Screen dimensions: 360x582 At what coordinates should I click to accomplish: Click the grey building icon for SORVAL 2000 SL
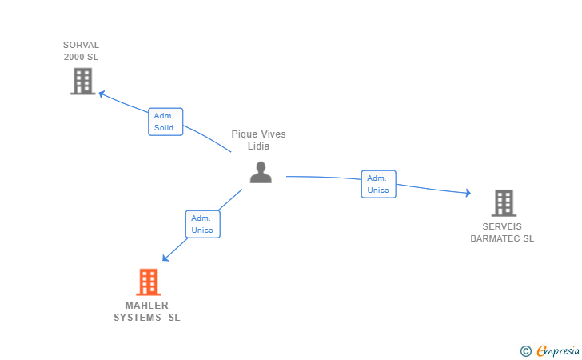coord(82,81)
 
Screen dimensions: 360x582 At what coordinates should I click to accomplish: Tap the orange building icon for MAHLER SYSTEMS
coord(148,282)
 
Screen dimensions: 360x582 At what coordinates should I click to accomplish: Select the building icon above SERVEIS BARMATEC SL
coord(504,203)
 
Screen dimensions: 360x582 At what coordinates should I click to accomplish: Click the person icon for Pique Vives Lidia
coord(261,172)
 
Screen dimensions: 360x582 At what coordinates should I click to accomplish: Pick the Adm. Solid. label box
coord(165,122)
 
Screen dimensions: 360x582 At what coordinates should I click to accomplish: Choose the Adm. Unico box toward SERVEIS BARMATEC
coord(378,184)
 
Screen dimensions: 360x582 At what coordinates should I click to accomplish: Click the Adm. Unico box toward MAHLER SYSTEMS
coord(202,224)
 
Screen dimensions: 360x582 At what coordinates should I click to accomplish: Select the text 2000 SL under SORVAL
coord(81,57)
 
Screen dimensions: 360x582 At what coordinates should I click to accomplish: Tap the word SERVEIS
coord(502,226)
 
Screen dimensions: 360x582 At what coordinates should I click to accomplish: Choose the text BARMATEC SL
coord(502,238)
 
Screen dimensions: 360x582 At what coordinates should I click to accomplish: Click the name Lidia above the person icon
coord(258,146)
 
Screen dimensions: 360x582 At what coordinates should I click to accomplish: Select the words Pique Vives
coord(258,134)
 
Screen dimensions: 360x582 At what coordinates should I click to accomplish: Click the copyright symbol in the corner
coord(525,350)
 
